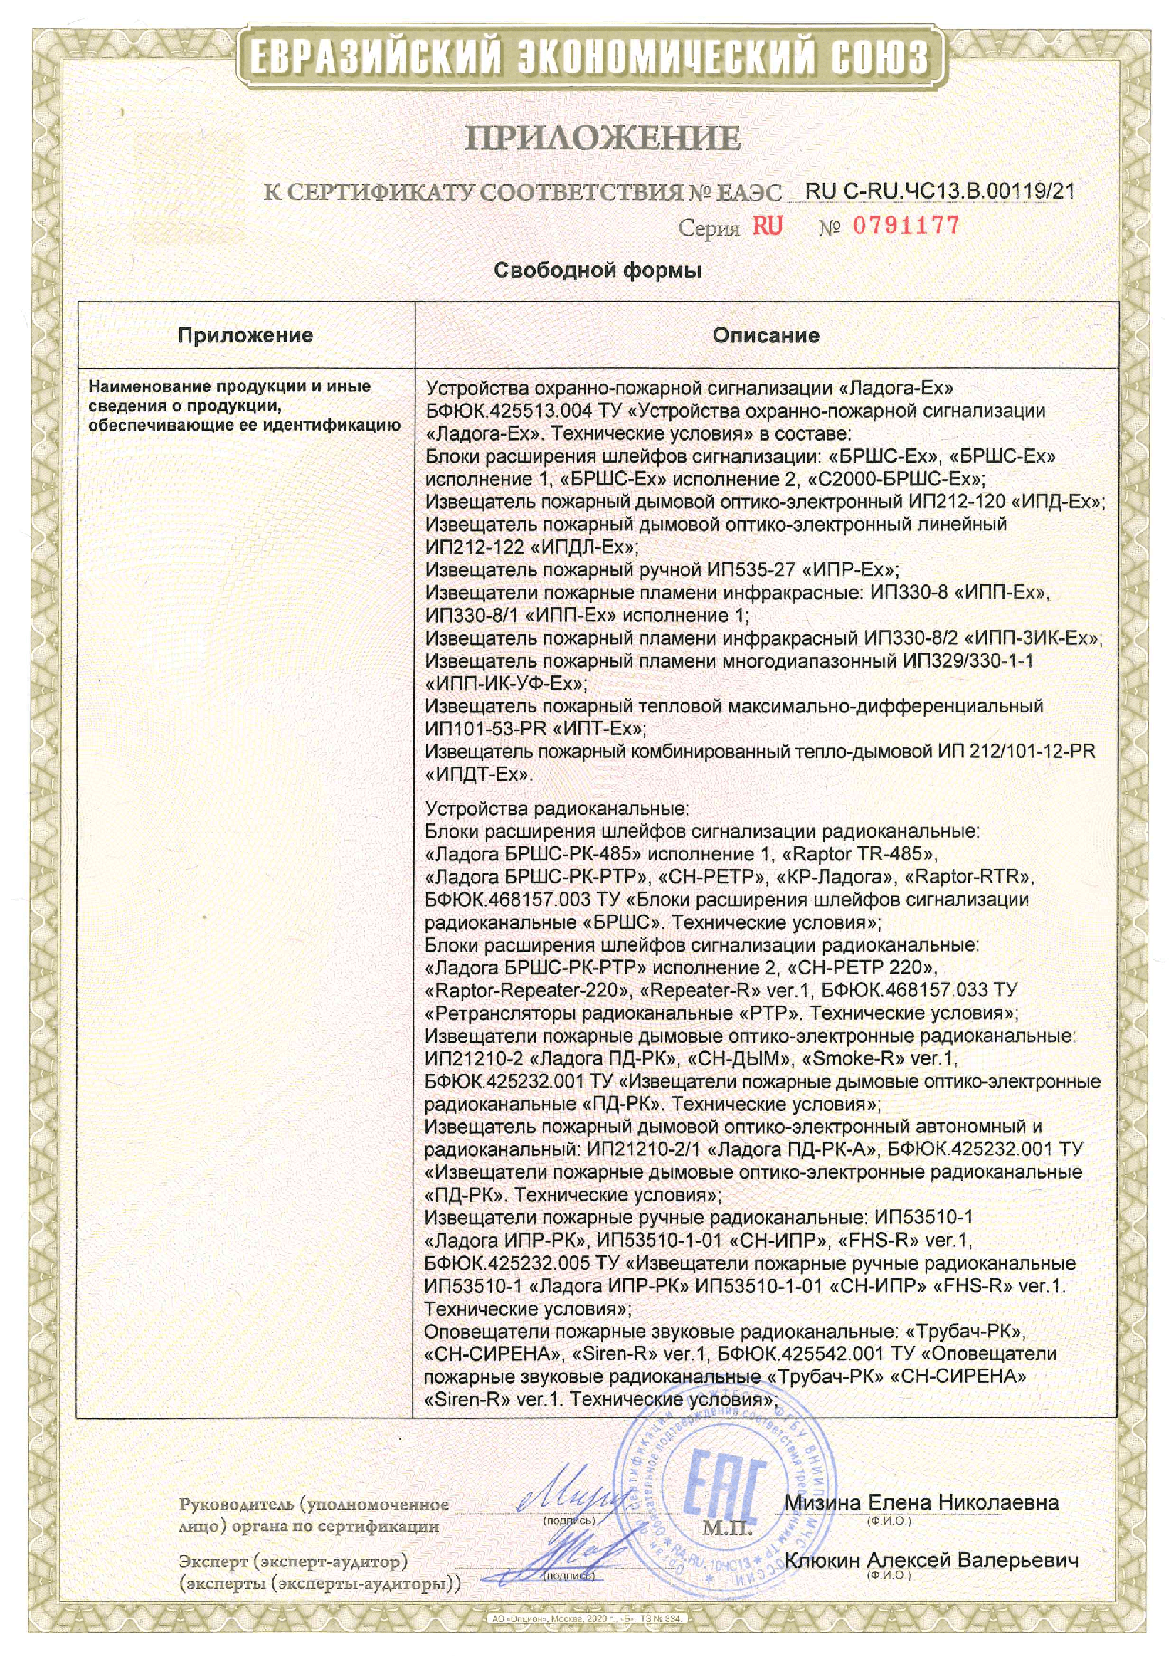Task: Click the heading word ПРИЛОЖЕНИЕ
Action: click(x=603, y=137)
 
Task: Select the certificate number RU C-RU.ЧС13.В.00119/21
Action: click(x=939, y=191)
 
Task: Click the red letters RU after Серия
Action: click(x=768, y=226)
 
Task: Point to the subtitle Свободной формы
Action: click(x=597, y=270)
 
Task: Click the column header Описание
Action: click(x=766, y=335)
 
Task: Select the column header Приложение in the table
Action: click(x=245, y=335)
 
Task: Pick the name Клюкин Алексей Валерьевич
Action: click(x=932, y=1560)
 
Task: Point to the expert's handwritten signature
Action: click(x=578, y=1554)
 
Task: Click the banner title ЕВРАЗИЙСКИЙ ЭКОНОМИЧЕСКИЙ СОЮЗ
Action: click(x=588, y=58)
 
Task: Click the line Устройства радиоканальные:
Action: click(x=556, y=808)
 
